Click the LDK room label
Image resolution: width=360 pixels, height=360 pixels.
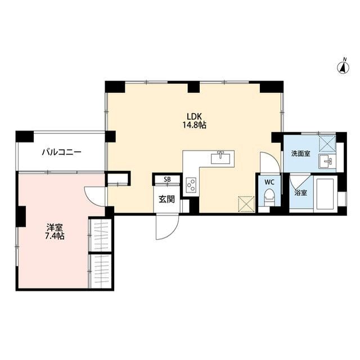coord(194,116)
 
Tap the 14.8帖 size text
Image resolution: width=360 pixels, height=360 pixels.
coord(194,125)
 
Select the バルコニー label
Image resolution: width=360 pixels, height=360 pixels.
coord(61,152)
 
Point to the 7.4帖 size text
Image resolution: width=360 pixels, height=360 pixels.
coord(55,236)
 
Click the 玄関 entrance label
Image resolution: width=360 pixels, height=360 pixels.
coord(166,199)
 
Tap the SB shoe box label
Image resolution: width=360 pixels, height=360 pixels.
coord(167,179)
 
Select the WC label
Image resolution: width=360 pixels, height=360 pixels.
coord(269,182)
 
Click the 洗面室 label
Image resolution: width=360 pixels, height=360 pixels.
coord(301,154)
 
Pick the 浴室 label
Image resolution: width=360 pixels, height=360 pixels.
coord(301,193)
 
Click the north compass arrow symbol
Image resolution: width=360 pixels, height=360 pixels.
coord(343,66)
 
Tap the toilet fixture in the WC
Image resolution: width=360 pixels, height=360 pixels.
coord(269,198)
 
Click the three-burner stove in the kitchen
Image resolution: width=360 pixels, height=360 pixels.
coord(191,185)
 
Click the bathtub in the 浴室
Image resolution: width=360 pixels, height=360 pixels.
coord(325,193)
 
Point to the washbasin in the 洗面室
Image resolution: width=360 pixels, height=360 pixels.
coord(327,161)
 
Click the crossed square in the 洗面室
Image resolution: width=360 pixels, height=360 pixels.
coord(327,143)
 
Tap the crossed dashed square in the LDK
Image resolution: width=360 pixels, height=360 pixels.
coord(246,204)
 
